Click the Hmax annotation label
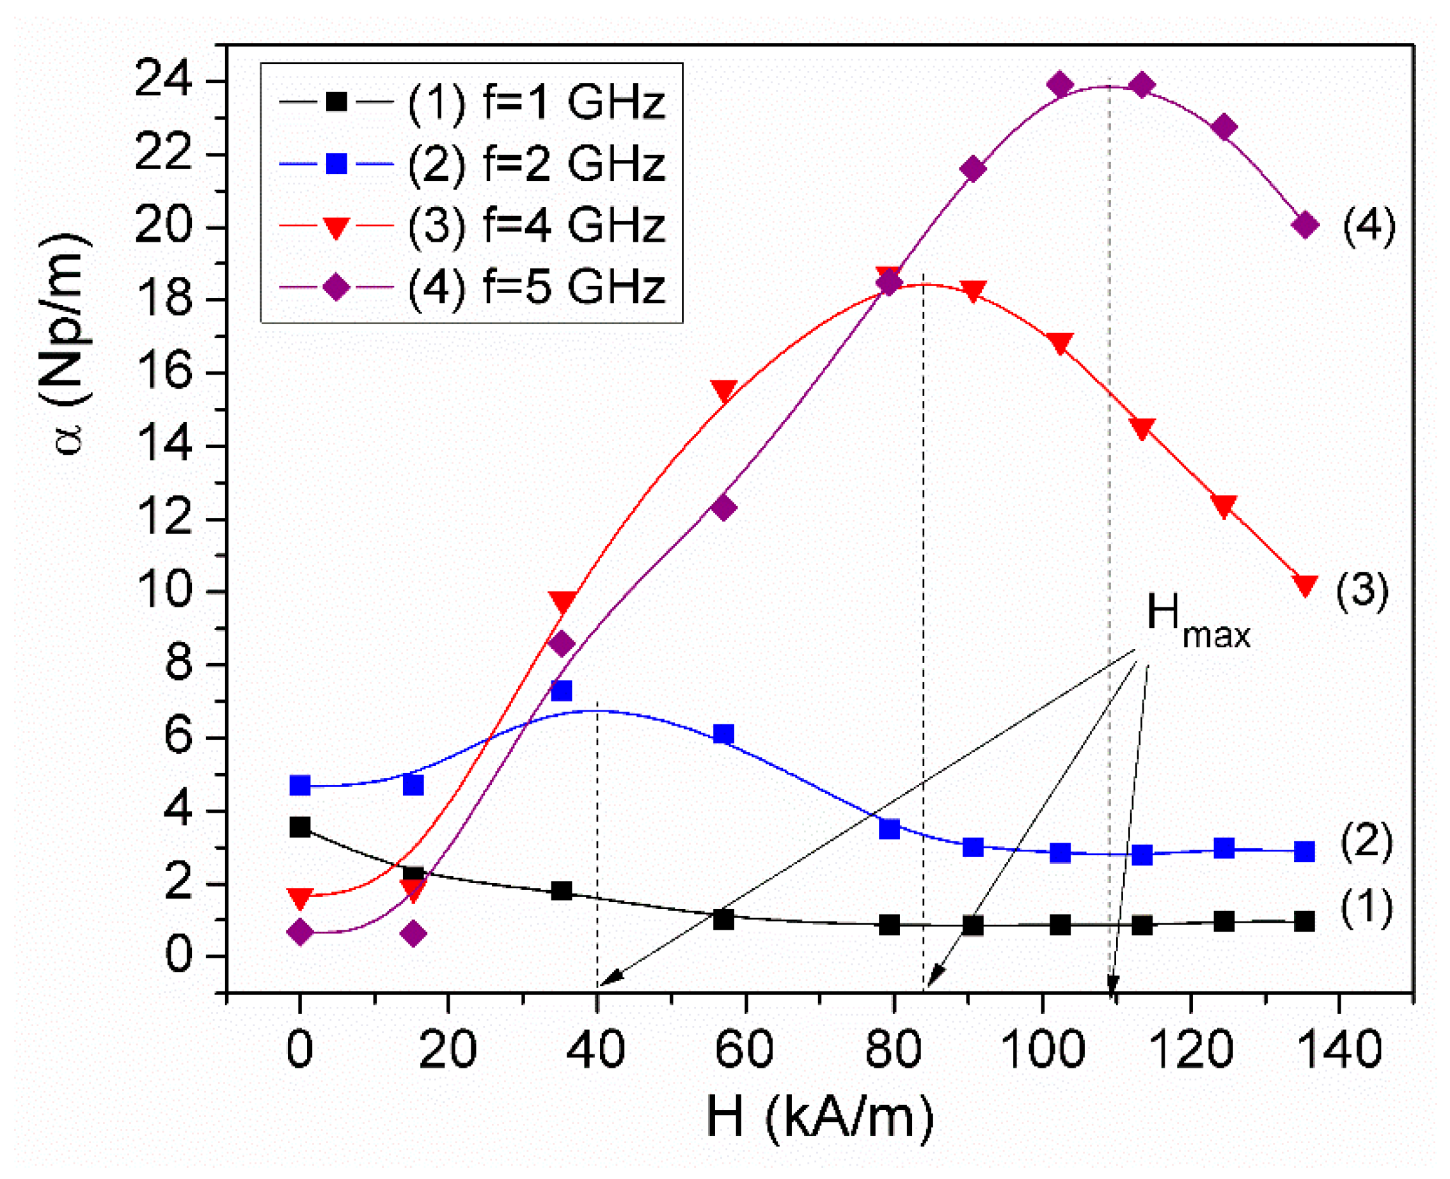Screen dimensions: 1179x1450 (1197, 620)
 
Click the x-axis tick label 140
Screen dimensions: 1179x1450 (1339, 1049)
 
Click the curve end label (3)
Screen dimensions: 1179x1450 (1362, 591)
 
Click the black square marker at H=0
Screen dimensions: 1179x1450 (299, 827)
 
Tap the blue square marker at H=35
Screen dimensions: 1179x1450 (561, 691)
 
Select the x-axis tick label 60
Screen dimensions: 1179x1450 (745, 1049)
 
